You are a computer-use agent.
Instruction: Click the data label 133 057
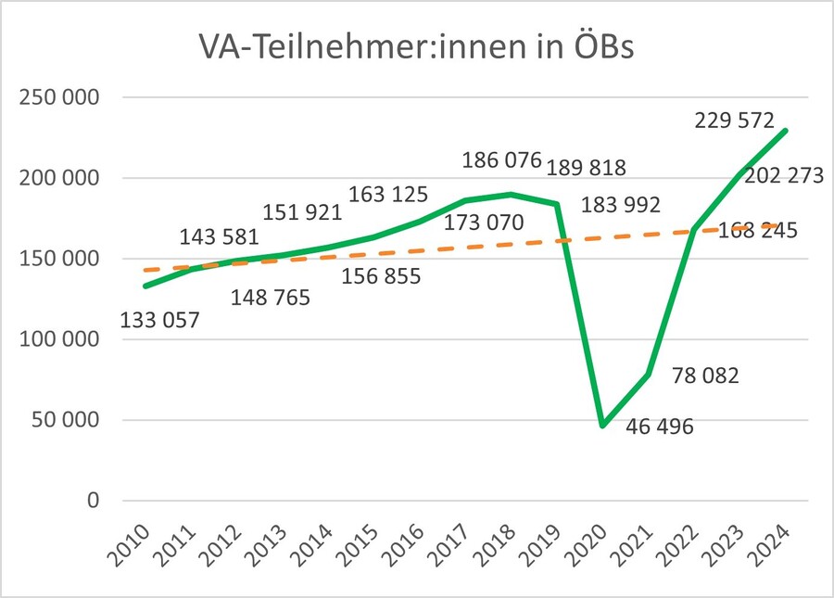click(x=160, y=321)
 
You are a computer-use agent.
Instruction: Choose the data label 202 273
click(x=782, y=175)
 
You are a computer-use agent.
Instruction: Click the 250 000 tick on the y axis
click(x=62, y=97)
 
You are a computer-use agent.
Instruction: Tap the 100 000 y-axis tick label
click(x=62, y=339)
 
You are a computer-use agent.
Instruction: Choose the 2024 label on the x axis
click(x=770, y=541)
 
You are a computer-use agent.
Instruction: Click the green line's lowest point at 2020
click(x=602, y=426)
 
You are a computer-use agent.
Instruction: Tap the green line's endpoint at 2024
click(x=786, y=131)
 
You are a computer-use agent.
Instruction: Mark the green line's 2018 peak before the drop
click(x=512, y=195)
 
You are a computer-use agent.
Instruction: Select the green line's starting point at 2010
click(x=145, y=286)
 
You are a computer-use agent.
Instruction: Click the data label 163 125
click(x=388, y=195)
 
